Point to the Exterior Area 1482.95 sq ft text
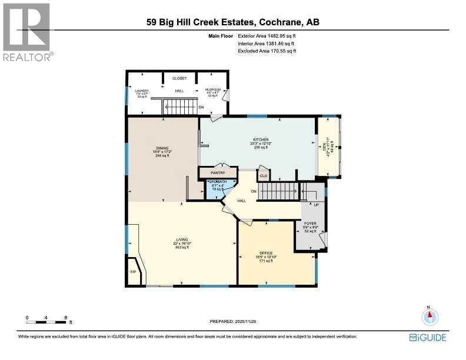[x=267, y=37]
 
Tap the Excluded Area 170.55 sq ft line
[x=267, y=51]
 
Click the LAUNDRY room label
[x=142, y=91]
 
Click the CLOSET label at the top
[x=179, y=78]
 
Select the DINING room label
[x=163, y=148]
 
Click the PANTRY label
[x=218, y=172]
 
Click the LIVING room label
[x=182, y=239]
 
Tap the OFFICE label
[x=275, y=253]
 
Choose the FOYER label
[x=310, y=224]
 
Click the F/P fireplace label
[x=133, y=273]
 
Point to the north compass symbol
[x=430, y=316]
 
